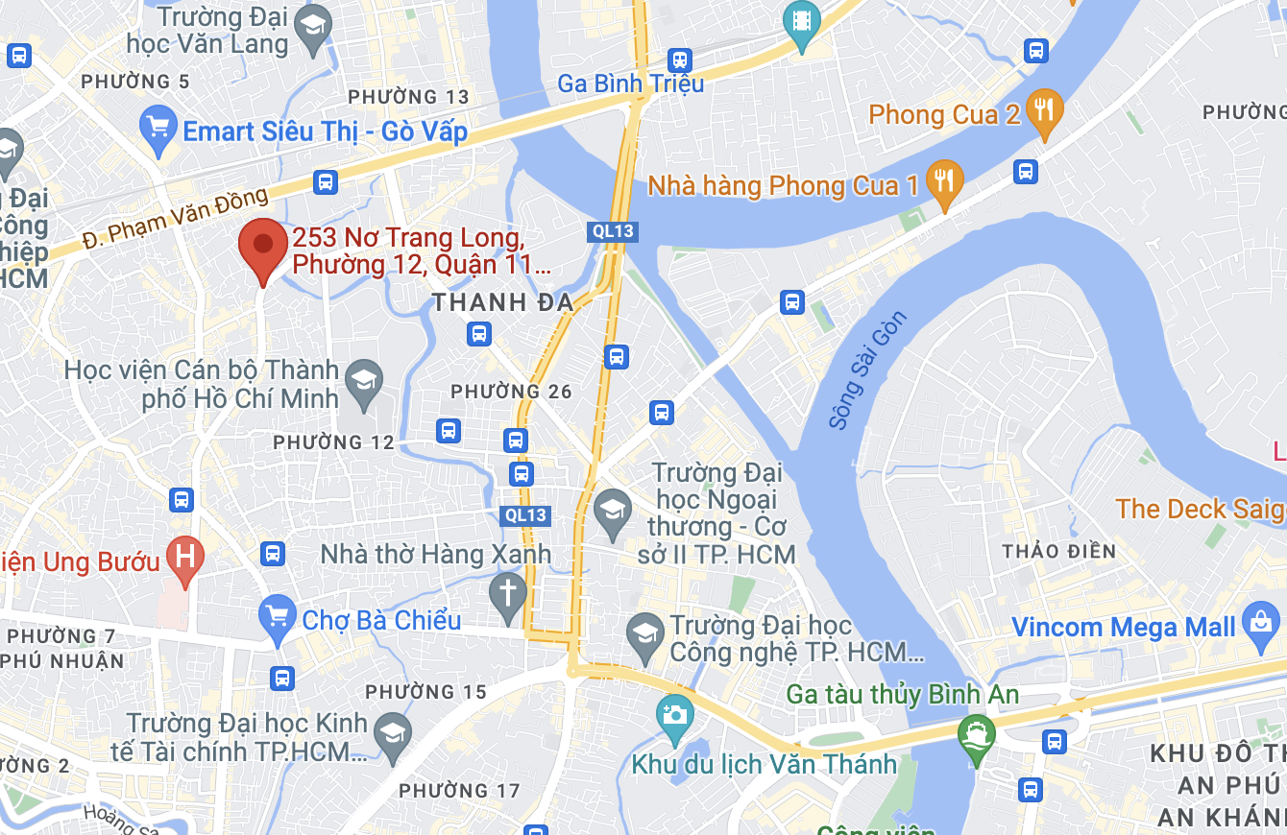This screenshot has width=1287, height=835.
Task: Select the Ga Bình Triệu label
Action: [630, 83]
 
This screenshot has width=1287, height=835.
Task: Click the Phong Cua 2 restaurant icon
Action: [1044, 108]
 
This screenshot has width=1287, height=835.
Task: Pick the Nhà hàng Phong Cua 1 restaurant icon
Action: [946, 180]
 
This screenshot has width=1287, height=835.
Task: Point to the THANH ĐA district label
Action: [502, 303]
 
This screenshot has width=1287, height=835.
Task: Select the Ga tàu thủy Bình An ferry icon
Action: [977, 735]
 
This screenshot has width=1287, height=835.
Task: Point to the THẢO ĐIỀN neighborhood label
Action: [1058, 552]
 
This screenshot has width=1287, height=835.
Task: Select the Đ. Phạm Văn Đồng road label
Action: [175, 217]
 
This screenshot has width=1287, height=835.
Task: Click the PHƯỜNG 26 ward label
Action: [511, 392]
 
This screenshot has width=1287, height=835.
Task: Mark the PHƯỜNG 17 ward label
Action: [459, 791]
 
